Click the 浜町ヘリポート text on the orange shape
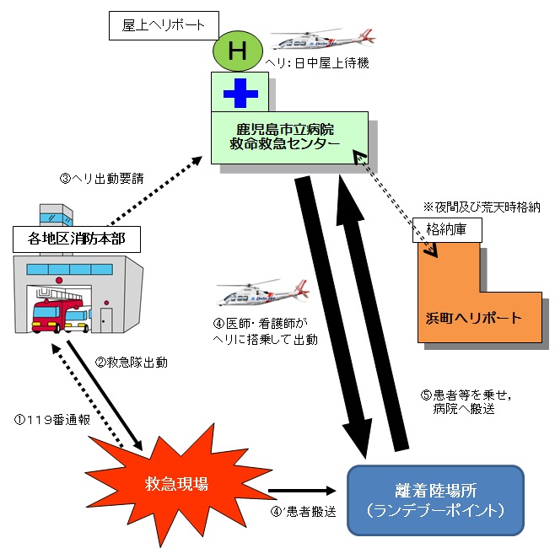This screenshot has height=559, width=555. click(x=473, y=319)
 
